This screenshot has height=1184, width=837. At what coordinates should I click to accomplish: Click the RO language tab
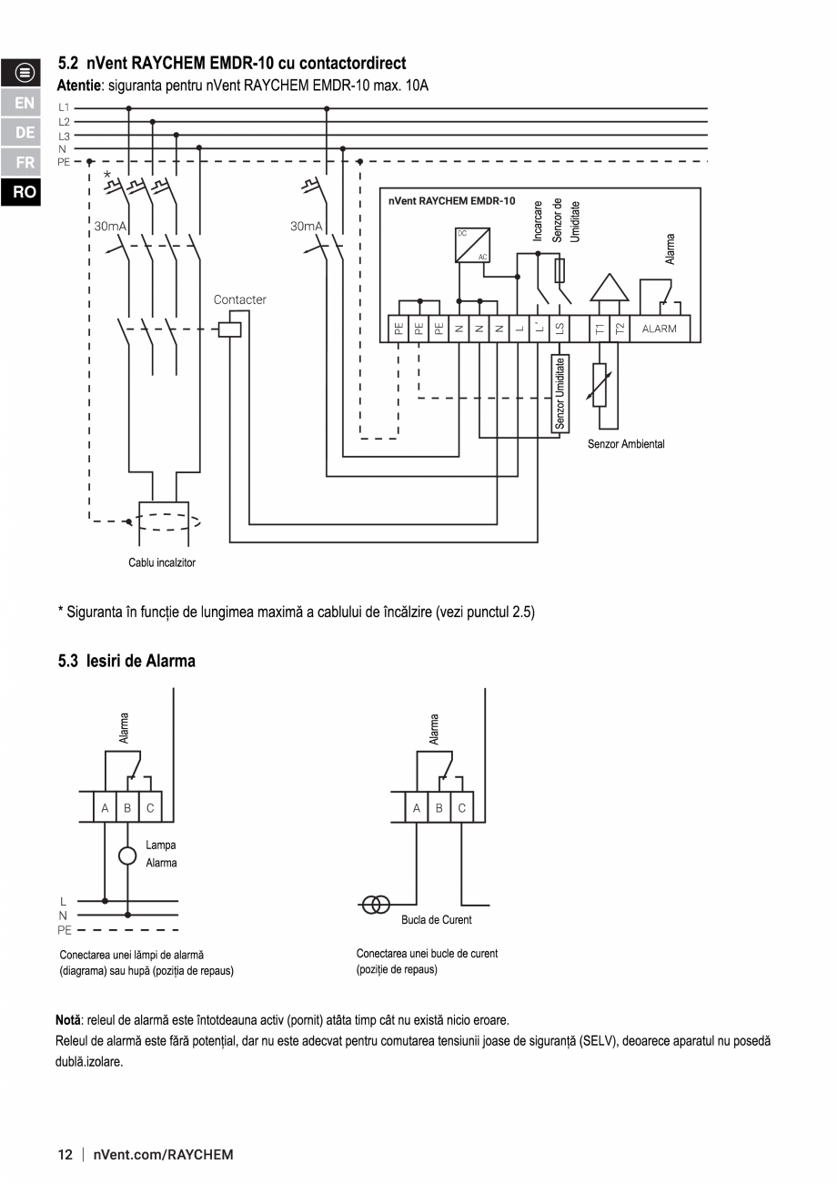25,192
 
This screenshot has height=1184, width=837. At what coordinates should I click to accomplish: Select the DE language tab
25,132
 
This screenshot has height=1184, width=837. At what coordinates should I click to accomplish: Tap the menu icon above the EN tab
25,73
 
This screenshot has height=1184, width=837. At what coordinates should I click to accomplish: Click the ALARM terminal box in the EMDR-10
659,329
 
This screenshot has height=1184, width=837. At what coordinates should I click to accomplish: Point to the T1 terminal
600,329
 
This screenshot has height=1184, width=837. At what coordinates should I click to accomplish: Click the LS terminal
560,329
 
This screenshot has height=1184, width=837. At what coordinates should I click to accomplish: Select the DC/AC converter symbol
472,245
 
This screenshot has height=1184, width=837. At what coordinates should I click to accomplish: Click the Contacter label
240,299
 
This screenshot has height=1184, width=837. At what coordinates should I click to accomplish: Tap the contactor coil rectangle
230,329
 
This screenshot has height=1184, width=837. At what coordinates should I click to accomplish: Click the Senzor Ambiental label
626,444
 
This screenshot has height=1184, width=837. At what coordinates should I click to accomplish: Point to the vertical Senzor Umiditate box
560,392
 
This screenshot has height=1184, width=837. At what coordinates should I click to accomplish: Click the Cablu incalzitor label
162,562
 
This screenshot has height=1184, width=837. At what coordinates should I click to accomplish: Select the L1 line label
64,107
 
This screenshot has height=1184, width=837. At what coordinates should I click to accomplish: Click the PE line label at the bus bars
64,161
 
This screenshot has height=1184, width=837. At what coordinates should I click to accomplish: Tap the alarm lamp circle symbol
127,855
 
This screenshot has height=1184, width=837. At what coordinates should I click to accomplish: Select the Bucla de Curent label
437,920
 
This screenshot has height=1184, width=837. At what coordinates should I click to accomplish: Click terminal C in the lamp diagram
150,807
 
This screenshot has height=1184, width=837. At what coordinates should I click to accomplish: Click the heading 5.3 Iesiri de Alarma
126,661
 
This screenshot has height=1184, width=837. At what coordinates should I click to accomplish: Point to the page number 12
66,1155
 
